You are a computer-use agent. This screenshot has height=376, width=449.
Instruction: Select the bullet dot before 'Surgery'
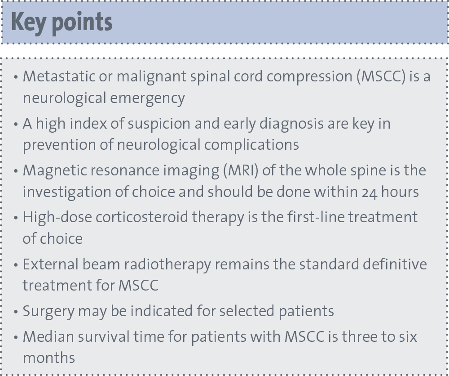click(16, 312)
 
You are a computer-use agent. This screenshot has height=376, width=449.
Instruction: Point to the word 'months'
click(49, 358)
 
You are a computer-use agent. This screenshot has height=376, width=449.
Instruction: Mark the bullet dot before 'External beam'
click(16, 265)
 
